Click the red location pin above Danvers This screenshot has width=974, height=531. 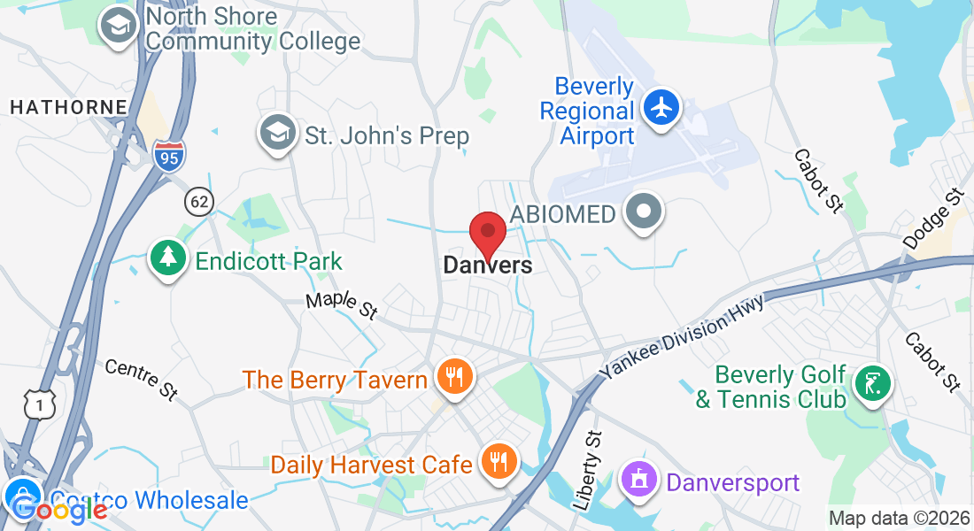pos(487,233)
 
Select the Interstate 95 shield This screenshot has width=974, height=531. pos(168,157)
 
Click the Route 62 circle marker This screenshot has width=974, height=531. pos(199,202)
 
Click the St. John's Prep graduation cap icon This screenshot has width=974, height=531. pos(278,134)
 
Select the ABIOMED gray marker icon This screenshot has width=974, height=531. pos(643,213)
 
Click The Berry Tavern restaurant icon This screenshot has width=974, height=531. pos(454,378)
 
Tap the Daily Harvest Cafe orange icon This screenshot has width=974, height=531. pos(499,461)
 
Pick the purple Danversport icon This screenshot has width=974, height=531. pos(642,481)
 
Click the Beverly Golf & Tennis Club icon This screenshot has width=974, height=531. pos(872,382)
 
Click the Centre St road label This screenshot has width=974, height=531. pos(142,380)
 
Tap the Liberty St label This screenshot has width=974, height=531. pos(588,470)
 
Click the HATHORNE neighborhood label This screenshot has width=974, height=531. pos(68,107)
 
